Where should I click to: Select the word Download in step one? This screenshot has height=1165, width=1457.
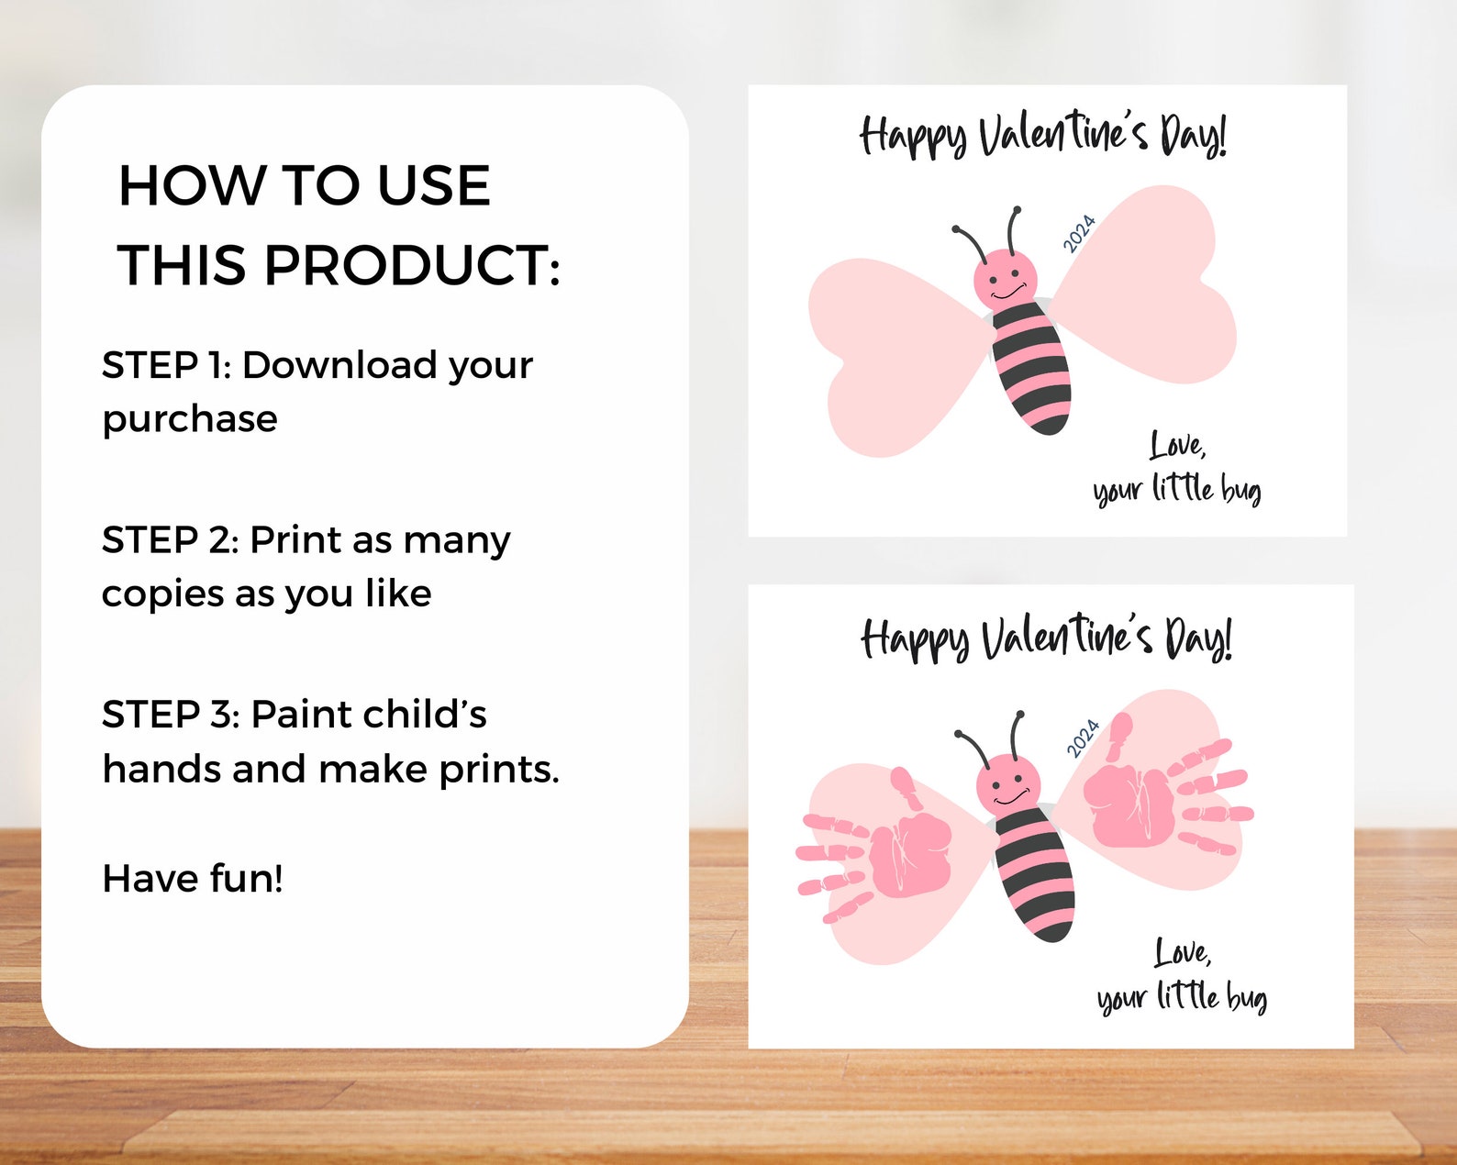click(339, 365)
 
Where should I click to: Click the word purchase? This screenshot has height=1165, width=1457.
click(190, 420)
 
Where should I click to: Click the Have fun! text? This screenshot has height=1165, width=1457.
click(193, 879)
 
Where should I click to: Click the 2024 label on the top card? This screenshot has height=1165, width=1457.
click(1079, 233)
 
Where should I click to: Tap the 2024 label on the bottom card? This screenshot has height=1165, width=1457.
click(1083, 738)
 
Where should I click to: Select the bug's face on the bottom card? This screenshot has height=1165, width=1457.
click(1008, 785)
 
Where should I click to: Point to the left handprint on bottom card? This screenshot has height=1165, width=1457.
click(881, 858)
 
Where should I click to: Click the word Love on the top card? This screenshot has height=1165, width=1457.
click(1177, 447)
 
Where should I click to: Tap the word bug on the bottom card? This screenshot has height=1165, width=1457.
click(1245, 997)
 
